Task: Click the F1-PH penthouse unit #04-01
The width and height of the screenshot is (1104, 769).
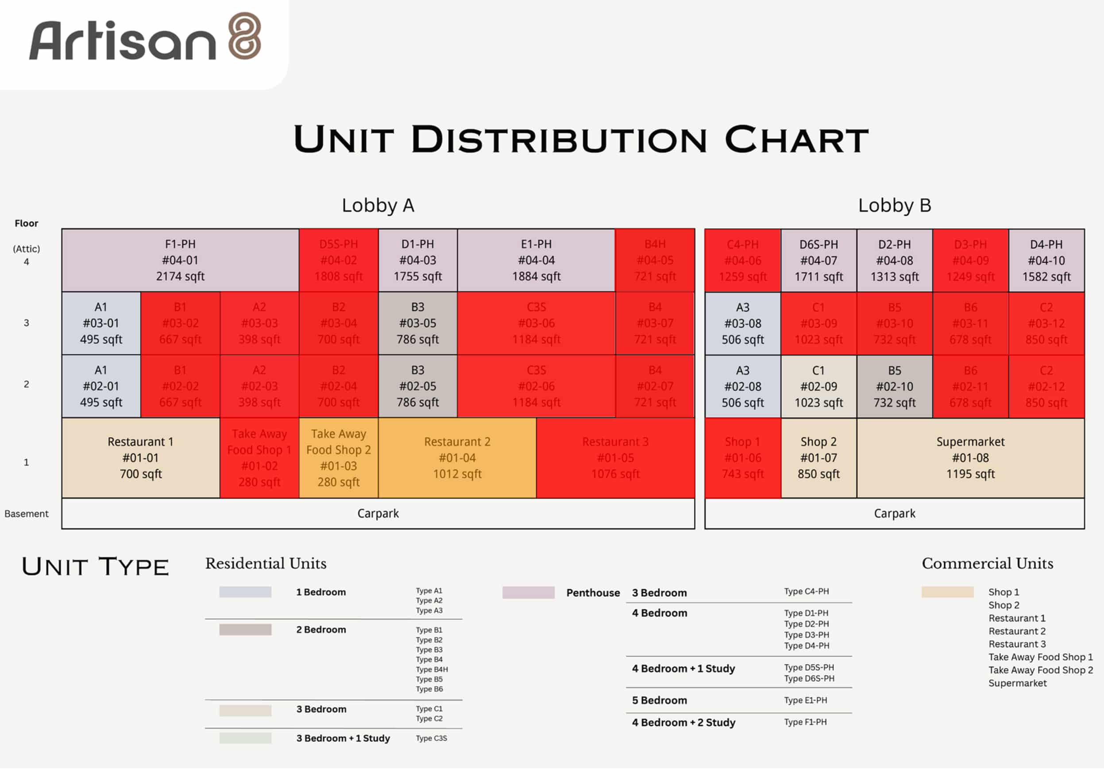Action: click(180, 260)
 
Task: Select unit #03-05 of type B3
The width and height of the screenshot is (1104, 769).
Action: click(417, 323)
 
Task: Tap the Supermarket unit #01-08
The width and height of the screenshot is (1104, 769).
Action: click(970, 458)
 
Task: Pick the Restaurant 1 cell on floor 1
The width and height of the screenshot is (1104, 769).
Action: click(140, 458)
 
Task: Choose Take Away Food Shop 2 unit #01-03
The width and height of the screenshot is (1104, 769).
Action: click(339, 458)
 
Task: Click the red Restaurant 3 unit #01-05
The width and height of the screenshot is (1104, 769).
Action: click(615, 458)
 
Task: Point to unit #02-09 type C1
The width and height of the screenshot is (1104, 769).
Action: click(818, 386)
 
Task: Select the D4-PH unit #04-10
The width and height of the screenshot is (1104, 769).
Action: click(1046, 261)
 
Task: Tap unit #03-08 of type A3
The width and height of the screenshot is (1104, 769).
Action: click(742, 323)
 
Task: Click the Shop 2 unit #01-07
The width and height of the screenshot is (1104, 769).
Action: click(818, 458)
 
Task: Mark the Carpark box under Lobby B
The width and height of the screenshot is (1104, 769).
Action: click(894, 513)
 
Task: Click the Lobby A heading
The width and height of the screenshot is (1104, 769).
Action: click(378, 205)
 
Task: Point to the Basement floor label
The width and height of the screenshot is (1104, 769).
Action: click(27, 513)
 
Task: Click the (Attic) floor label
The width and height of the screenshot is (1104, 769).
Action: click(27, 249)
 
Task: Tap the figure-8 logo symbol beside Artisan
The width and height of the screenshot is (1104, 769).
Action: click(245, 35)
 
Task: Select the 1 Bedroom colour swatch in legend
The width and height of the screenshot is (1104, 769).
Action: click(245, 592)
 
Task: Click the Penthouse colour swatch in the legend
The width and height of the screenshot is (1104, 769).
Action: click(529, 592)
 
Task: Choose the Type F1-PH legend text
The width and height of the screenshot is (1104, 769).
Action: click(805, 722)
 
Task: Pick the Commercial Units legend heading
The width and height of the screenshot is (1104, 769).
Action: click(987, 563)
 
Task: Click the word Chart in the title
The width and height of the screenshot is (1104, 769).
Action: click(796, 140)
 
